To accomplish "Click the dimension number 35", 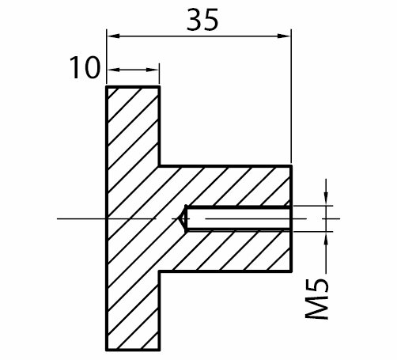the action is (202, 20).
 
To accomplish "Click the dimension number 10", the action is (85, 68).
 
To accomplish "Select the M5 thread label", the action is (317, 299).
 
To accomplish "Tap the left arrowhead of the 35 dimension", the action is (114, 36).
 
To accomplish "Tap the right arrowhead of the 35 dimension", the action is (284, 36).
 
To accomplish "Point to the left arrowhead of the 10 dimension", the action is (114, 70).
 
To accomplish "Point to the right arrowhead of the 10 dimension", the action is (153, 70).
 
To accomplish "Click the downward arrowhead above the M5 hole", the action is (327, 199).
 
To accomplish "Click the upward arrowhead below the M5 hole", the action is (327, 238).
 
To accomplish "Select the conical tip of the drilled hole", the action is (183, 218).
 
